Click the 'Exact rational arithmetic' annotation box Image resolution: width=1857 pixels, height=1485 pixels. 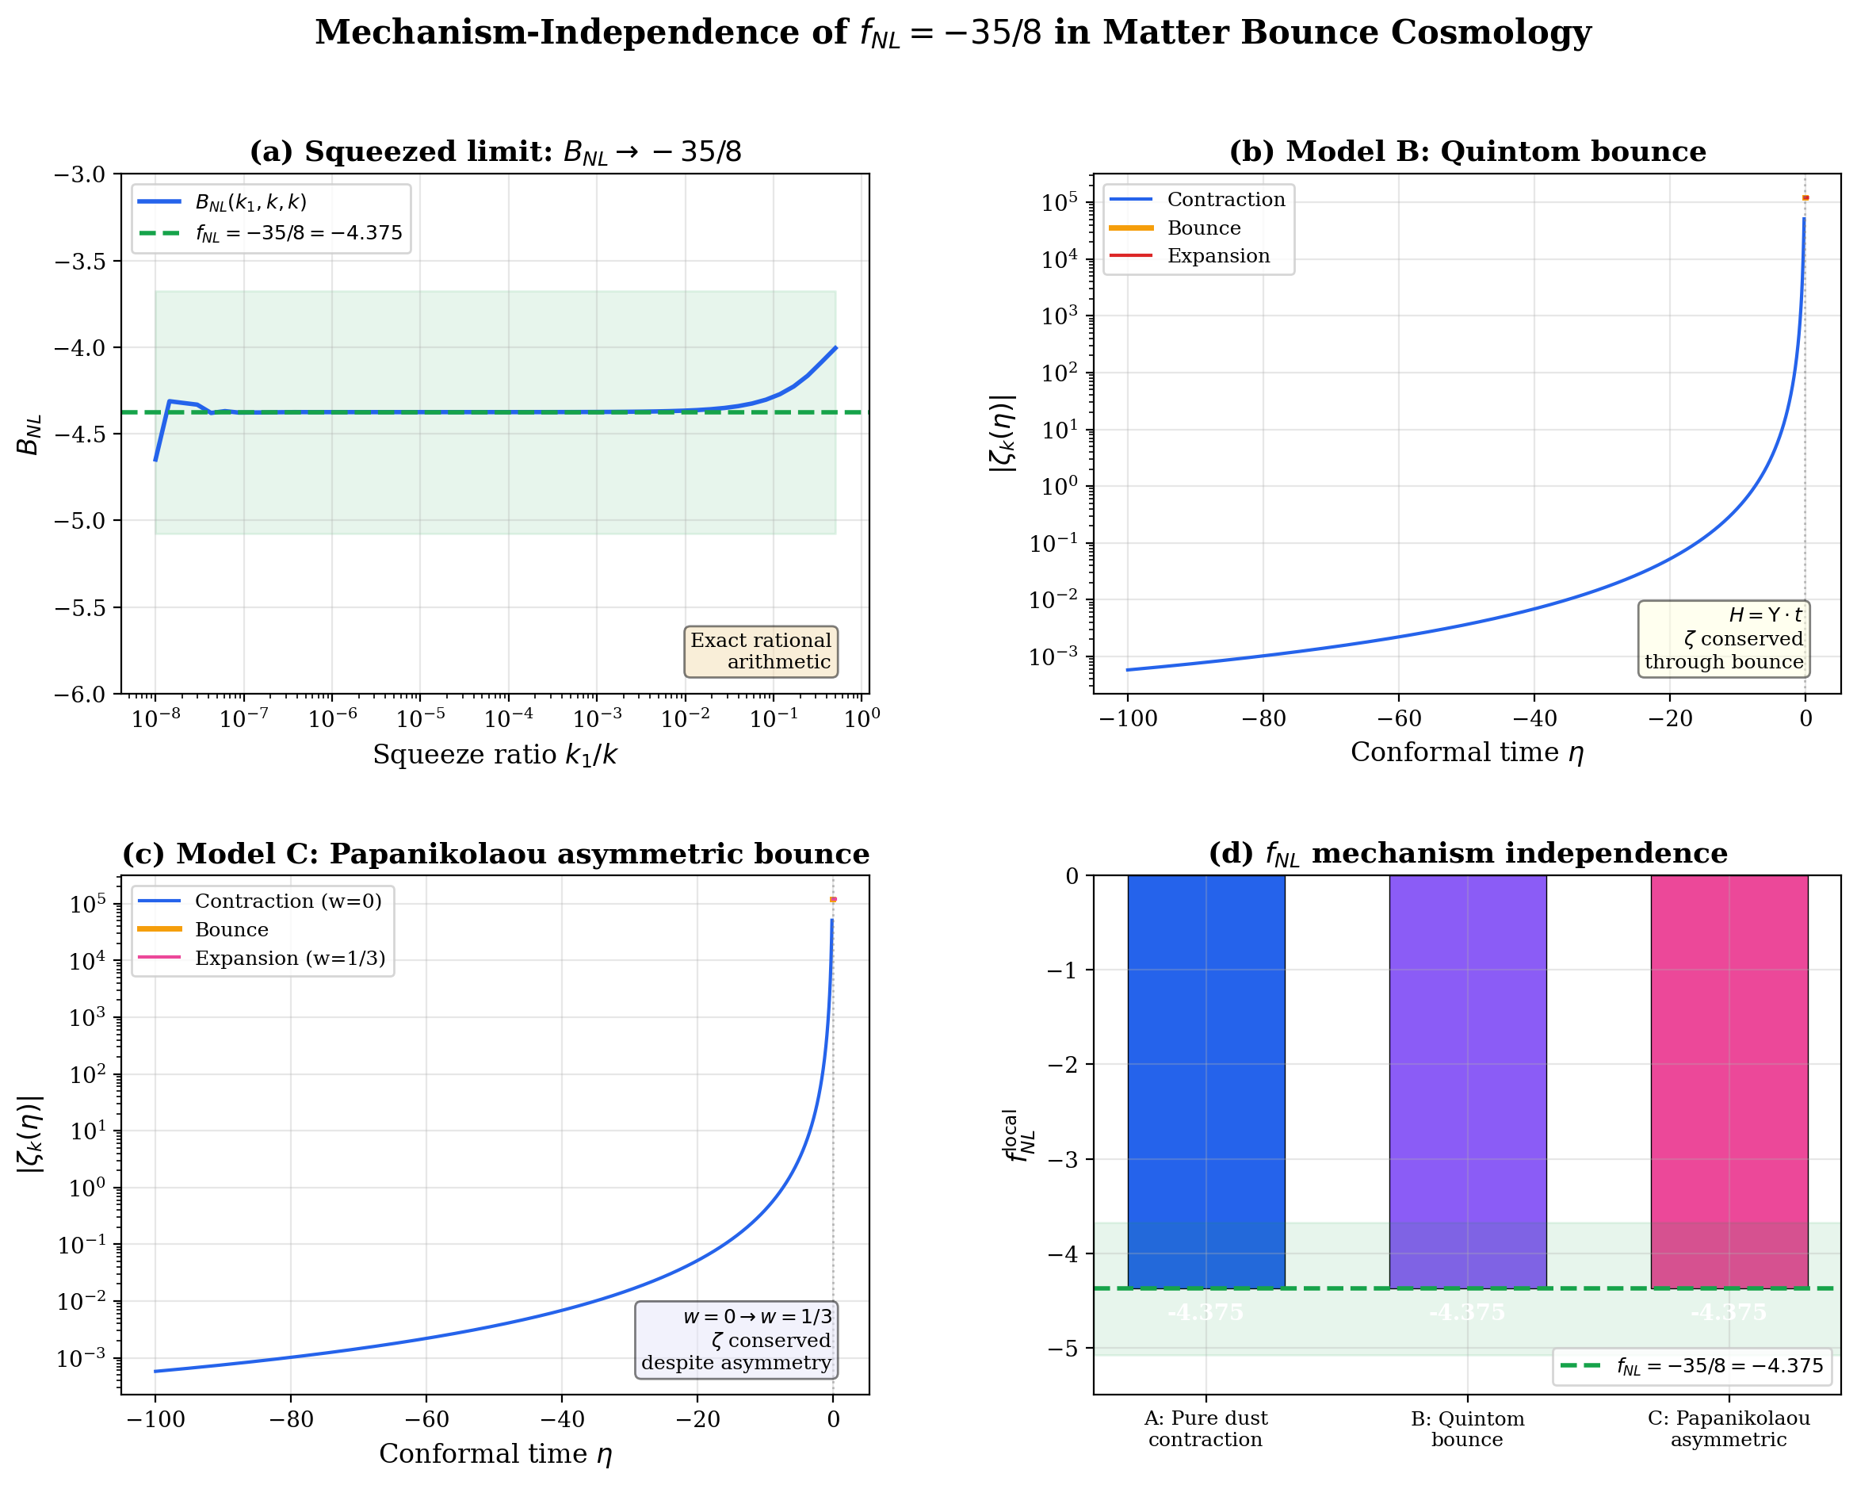pyautogui.click(x=761, y=651)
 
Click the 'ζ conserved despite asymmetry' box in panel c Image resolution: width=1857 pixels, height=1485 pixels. pyautogui.click(x=736, y=1339)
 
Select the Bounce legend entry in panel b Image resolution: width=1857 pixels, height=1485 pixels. pyautogui.click(x=1203, y=228)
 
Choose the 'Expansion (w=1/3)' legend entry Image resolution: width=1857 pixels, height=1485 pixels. pyautogui.click(x=289, y=958)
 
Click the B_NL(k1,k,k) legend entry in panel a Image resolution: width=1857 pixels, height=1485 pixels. pyautogui.click(x=250, y=202)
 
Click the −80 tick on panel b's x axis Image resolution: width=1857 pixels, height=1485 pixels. pyautogui.click(x=1263, y=718)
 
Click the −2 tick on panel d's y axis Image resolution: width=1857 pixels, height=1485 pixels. pyautogui.click(x=1064, y=1065)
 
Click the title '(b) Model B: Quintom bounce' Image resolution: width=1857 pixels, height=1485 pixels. pyautogui.click(x=1467, y=151)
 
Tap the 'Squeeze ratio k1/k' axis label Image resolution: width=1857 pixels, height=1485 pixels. pyautogui.click(x=495, y=755)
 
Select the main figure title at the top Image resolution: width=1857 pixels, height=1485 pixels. pyautogui.click(x=953, y=33)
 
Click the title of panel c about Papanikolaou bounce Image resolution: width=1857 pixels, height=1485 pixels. pyautogui.click(x=495, y=854)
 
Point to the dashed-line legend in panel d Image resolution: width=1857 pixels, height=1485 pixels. pyautogui.click(x=1691, y=1365)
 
